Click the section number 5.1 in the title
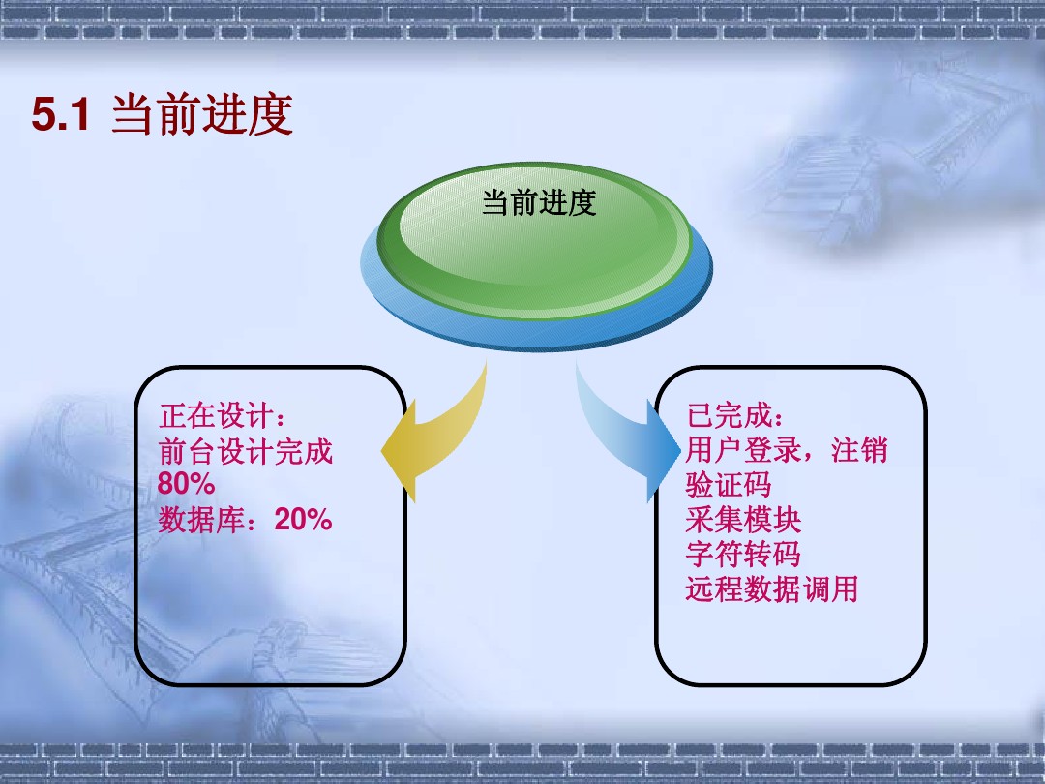coord(61,114)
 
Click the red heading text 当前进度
coord(202,114)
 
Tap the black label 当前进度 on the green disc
coord(539,202)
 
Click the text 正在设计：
coord(224,416)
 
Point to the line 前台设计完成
coord(245,451)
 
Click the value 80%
coord(186,483)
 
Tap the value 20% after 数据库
coord(303,520)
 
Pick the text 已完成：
coord(735,415)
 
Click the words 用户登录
coord(743,450)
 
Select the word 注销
coord(860,450)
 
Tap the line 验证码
coord(729,485)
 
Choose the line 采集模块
coord(743,520)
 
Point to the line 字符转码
coord(743,554)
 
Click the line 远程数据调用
coord(772,589)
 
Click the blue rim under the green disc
coord(536,333)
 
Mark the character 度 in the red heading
coord(271,114)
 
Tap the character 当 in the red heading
coord(134,114)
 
